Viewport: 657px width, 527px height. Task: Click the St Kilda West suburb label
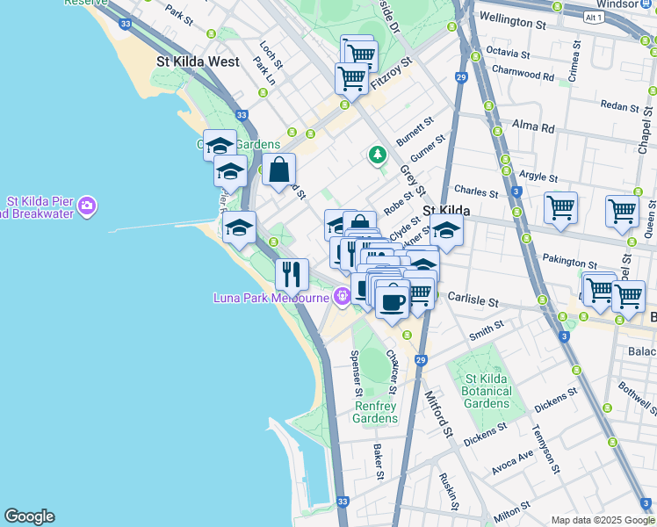click(198, 62)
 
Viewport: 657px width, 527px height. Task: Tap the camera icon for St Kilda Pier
click(87, 206)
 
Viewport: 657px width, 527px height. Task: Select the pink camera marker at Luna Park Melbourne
click(341, 297)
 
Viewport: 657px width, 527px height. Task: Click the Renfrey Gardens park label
click(376, 412)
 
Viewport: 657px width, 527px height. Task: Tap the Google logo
click(29, 516)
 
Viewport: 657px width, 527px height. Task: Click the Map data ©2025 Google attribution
click(602, 520)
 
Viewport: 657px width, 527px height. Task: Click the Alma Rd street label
click(533, 126)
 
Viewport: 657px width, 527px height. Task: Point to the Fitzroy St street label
click(391, 75)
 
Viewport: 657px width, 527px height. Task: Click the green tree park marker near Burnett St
click(378, 155)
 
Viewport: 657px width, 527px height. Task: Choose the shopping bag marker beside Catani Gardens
click(278, 170)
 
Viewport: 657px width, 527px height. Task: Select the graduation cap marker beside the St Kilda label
click(446, 230)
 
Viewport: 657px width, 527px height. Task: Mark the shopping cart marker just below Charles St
click(560, 208)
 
